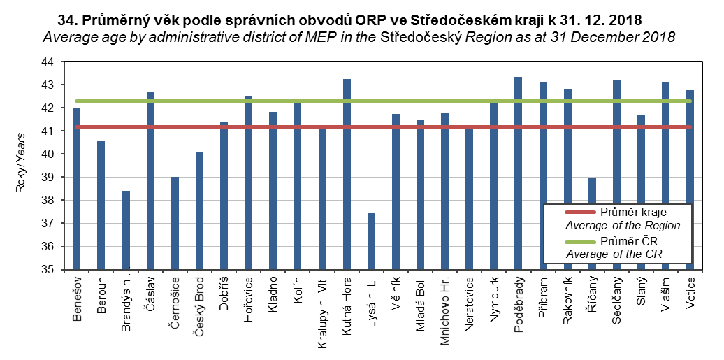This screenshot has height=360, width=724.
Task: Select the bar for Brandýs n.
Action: (126, 230)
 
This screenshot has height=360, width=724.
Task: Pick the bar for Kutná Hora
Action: (347, 174)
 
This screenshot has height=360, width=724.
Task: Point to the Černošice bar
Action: (175, 223)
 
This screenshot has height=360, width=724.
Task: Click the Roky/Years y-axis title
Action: (21, 166)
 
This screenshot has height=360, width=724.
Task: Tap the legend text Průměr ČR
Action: (623, 241)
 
